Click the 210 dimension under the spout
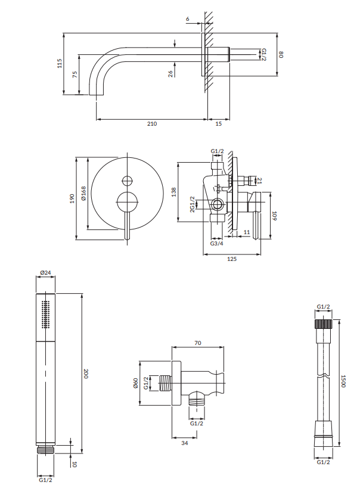[x=151, y=124]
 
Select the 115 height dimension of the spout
[x=60, y=64]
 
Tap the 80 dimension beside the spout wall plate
[x=281, y=55]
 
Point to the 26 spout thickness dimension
[x=171, y=73]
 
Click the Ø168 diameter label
[x=84, y=194]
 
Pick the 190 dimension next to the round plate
[x=72, y=198]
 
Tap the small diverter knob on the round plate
[x=126, y=181]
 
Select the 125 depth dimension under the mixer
[x=232, y=259]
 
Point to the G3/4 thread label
[x=216, y=243]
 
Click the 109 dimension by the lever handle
[x=274, y=216]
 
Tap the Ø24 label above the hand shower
[x=45, y=273]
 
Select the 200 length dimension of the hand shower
[x=86, y=374]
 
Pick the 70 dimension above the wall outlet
[x=198, y=343]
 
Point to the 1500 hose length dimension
[x=343, y=381]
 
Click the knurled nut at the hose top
[x=324, y=324]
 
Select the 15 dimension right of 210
[x=218, y=124]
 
